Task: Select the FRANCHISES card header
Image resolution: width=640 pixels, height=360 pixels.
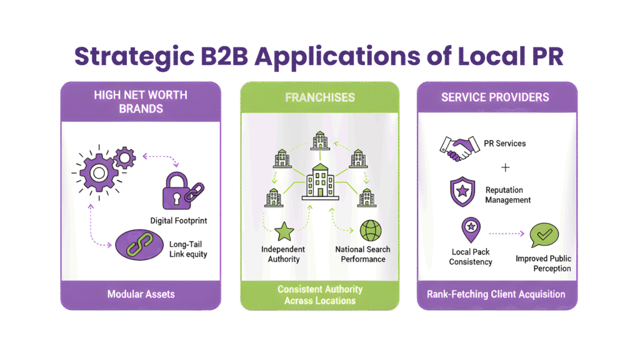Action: pyautogui.click(x=319, y=97)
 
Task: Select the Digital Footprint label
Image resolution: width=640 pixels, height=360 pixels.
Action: pyautogui.click(x=179, y=220)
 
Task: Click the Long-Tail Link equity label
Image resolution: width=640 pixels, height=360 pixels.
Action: pyautogui.click(x=188, y=249)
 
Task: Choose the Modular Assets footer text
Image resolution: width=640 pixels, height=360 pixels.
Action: pyautogui.click(x=141, y=294)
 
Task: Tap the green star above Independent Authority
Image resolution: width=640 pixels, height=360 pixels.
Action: pyautogui.click(x=283, y=231)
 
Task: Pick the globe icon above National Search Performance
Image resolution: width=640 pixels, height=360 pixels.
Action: pyautogui.click(x=369, y=229)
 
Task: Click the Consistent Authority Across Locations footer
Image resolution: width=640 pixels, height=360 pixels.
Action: pyautogui.click(x=319, y=294)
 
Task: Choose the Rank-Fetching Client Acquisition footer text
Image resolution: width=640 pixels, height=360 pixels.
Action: pyautogui.click(x=496, y=294)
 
